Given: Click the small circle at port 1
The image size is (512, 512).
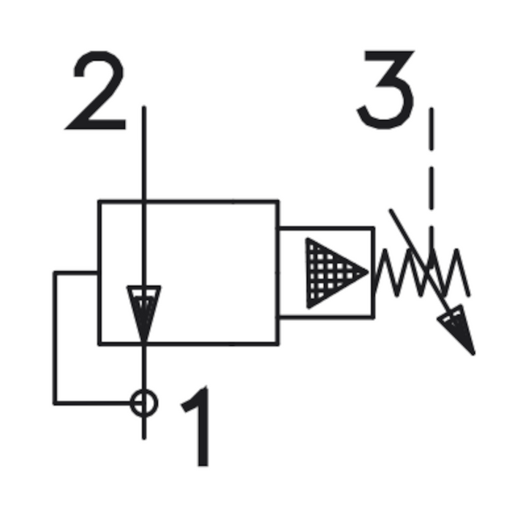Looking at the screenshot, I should tap(143, 402).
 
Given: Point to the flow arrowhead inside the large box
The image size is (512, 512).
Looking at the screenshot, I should tap(143, 311).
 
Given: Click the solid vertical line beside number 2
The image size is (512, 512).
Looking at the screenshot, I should tap(143, 154).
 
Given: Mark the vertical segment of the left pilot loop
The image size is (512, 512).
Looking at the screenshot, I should tap(55, 336).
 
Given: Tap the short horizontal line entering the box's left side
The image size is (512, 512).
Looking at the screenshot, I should tap(76, 272).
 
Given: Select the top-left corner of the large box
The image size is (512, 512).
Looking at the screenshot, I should tap(99, 200).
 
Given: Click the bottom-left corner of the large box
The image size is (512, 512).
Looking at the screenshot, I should tap(99, 343).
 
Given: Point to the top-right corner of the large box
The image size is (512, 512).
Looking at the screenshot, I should tap(278, 200).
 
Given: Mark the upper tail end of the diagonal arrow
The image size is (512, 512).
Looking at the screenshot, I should tap(391, 211).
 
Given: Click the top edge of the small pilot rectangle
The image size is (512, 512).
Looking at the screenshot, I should tap(326, 227).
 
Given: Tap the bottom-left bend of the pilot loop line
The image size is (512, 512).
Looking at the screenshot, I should tap(55, 402).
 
